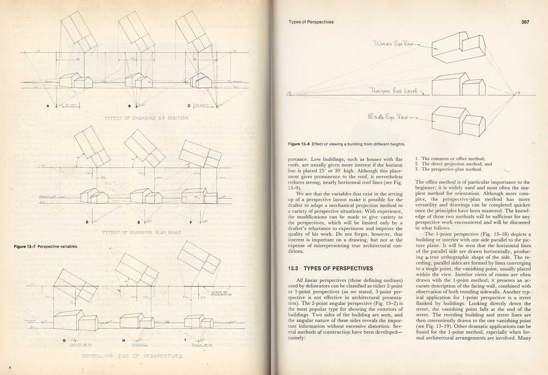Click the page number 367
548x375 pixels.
(x=526, y=22)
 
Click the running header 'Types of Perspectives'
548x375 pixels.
(x=311, y=22)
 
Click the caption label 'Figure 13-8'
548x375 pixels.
(x=299, y=144)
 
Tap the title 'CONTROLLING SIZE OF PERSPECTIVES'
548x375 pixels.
(x=132, y=356)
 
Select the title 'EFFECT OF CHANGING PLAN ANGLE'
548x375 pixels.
(x=142, y=232)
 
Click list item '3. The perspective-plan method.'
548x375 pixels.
(x=445, y=170)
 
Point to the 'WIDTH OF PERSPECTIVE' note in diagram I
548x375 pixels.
(x=221, y=293)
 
